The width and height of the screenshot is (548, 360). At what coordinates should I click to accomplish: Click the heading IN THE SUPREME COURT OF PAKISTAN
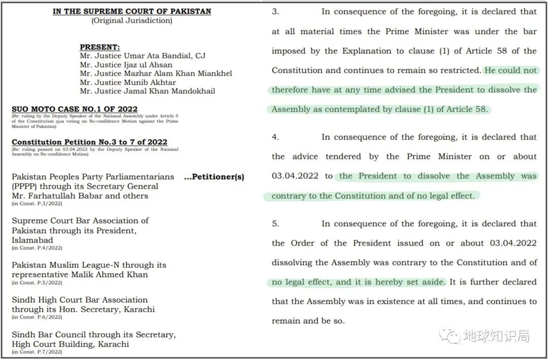coord(132,11)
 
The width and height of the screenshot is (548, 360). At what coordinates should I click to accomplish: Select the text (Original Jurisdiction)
coord(132,21)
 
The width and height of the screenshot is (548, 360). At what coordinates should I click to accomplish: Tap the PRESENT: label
coord(99,47)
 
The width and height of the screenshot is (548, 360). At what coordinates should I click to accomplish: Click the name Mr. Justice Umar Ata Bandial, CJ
coord(143,56)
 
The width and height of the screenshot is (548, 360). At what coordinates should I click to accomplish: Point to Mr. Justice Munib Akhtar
coord(128,82)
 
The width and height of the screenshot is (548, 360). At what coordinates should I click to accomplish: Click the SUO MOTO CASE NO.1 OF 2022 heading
coord(75,109)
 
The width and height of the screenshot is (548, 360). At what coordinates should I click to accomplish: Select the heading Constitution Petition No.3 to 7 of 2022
coord(89,142)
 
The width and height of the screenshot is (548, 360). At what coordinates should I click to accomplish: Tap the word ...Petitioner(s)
coord(214,177)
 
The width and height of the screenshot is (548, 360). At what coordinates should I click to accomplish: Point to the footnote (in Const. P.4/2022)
coord(37,248)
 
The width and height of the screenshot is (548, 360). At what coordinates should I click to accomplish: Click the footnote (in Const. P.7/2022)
coord(37,352)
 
